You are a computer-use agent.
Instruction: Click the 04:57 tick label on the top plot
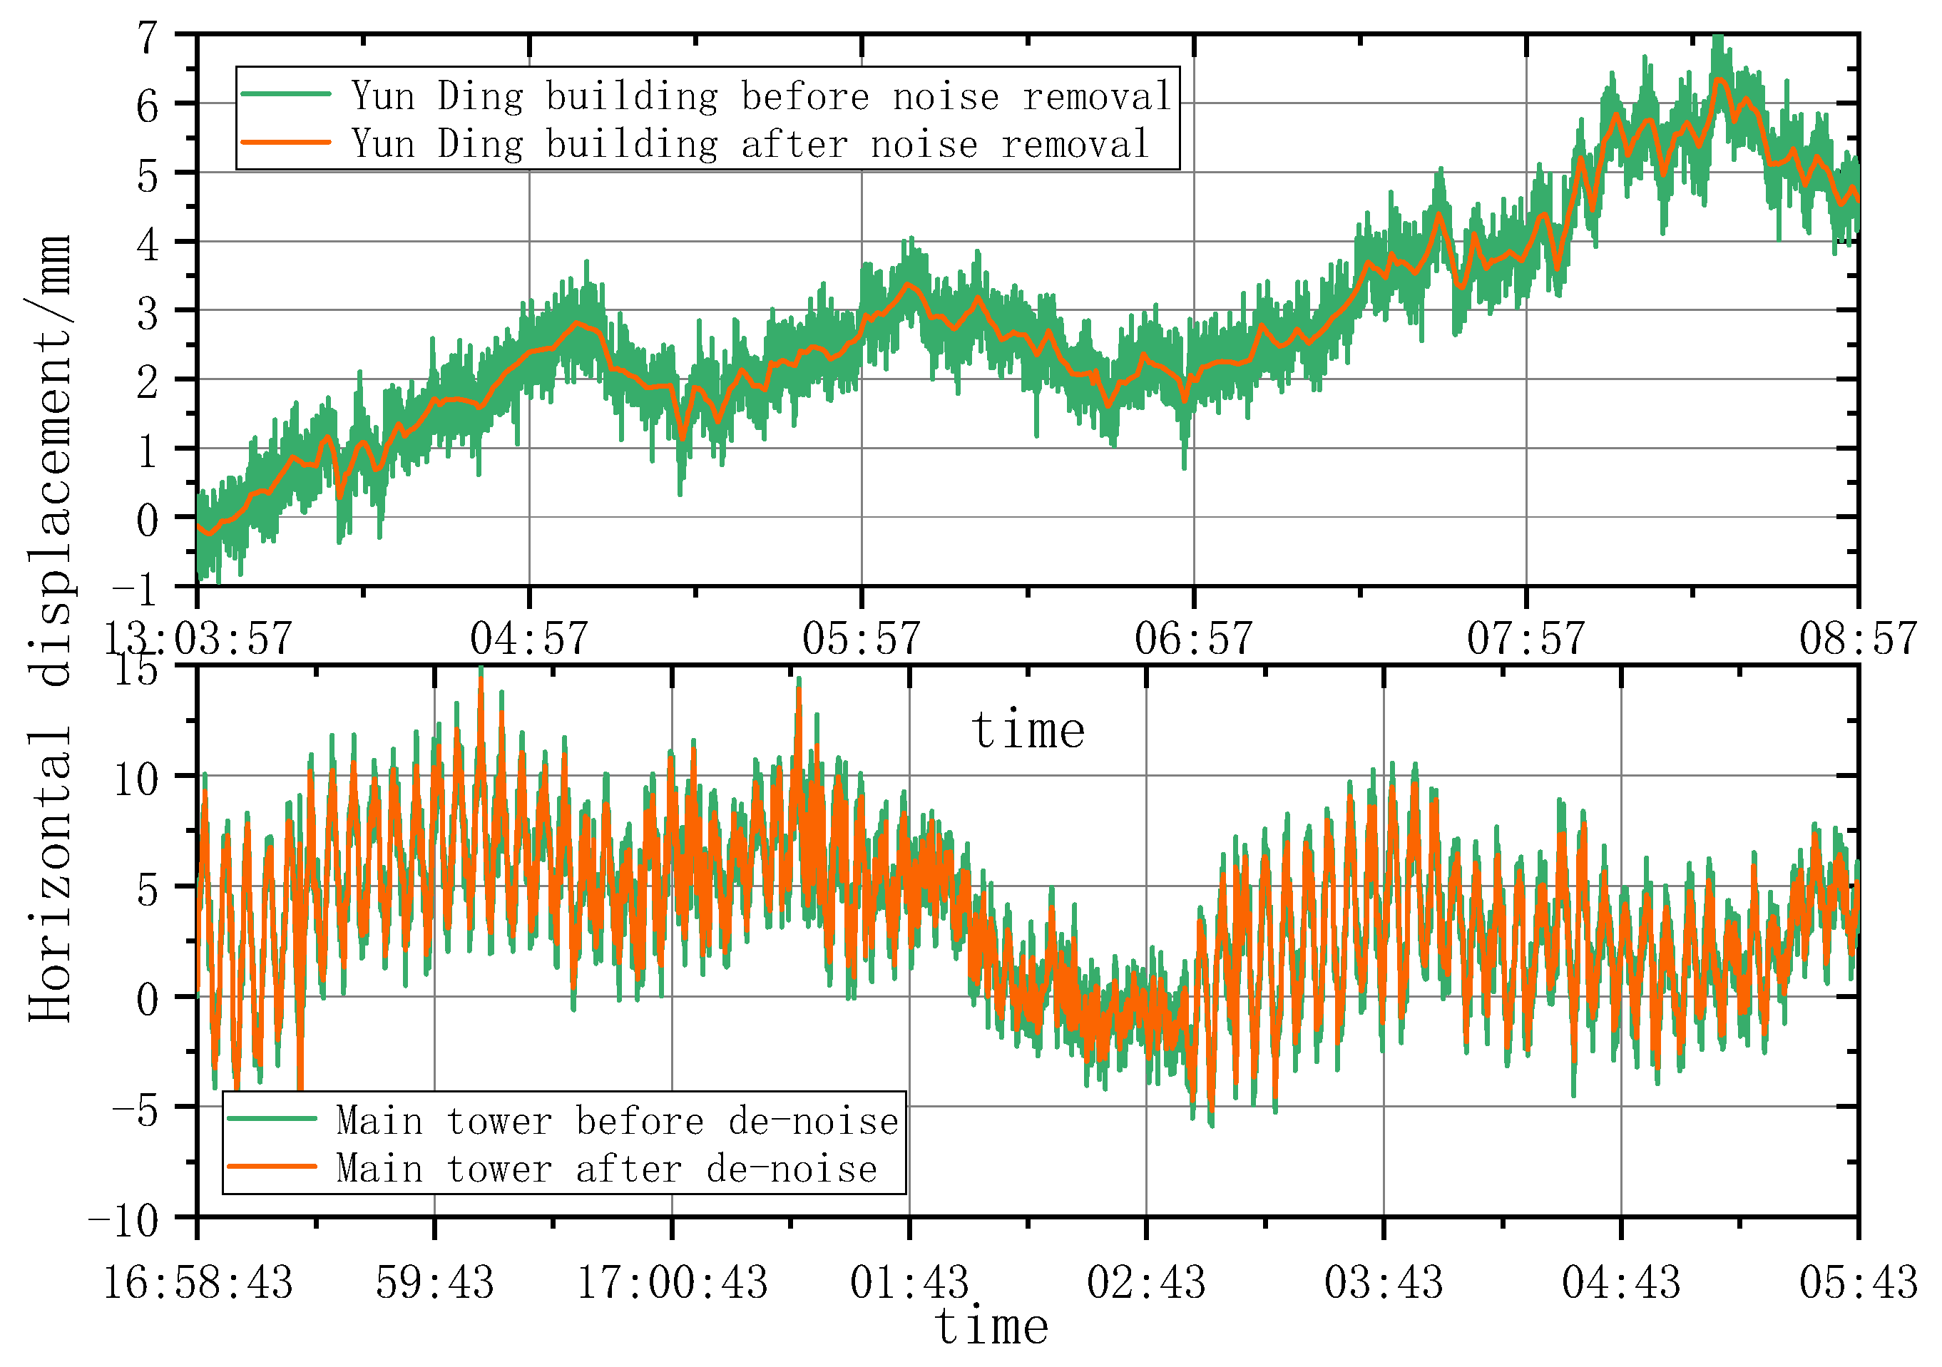(x=528, y=639)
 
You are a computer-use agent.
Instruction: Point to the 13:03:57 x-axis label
(x=197, y=639)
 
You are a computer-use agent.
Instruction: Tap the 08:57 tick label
(x=1857, y=639)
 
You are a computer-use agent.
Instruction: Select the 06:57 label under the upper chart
(x=1192, y=639)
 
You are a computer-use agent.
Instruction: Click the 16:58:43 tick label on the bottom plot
(x=197, y=1282)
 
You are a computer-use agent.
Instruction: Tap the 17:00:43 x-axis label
(x=672, y=1282)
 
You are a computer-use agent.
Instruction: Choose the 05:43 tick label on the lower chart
(x=1857, y=1282)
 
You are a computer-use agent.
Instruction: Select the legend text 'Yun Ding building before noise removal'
(x=761, y=96)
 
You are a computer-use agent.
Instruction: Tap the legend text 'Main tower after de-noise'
(x=606, y=1169)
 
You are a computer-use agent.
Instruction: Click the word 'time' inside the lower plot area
(x=1027, y=730)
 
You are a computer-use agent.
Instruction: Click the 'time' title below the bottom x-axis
(x=991, y=1326)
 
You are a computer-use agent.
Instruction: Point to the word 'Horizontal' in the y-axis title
(x=49, y=876)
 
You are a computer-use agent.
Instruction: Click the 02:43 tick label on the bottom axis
(x=1145, y=1282)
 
